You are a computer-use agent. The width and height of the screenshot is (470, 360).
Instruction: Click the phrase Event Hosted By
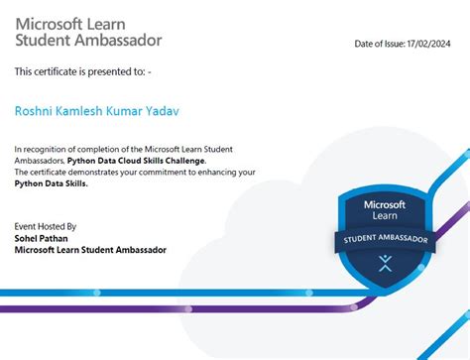[46, 226]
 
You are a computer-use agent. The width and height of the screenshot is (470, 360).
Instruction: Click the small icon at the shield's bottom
[385, 265]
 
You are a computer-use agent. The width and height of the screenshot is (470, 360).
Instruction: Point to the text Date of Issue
[380, 44]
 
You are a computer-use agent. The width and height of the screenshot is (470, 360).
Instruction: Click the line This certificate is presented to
[83, 71]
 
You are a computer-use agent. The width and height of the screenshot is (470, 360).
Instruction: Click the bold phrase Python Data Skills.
[52, 184]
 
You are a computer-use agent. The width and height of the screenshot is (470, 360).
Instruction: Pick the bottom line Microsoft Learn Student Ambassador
[90, 250]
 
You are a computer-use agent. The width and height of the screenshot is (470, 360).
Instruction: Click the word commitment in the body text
[191, 173]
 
